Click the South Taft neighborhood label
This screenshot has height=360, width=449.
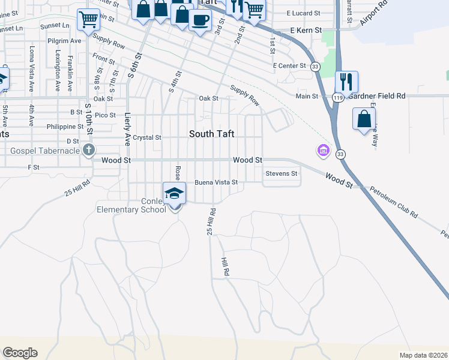tap(212, 134)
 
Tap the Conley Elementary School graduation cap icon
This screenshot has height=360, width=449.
tap(175, 193)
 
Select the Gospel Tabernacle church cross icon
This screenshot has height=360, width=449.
tap(89, 149)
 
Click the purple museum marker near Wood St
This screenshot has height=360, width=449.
tap(324, 149)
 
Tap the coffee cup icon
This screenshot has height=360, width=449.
tap(200, 19)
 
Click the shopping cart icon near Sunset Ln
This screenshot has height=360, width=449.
tap(89, 19)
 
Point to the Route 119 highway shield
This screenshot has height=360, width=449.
tap(338, 96)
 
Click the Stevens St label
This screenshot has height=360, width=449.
tap(282, 174)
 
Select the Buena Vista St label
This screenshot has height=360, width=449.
tap(216, 182)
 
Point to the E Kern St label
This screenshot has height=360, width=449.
tap(306, 29)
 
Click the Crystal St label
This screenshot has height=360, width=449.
tap(147, 137)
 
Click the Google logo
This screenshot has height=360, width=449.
tap(20, 353)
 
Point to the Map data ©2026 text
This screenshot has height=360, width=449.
tap(423, 355)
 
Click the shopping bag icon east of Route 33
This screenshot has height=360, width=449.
tap(364, 118)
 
